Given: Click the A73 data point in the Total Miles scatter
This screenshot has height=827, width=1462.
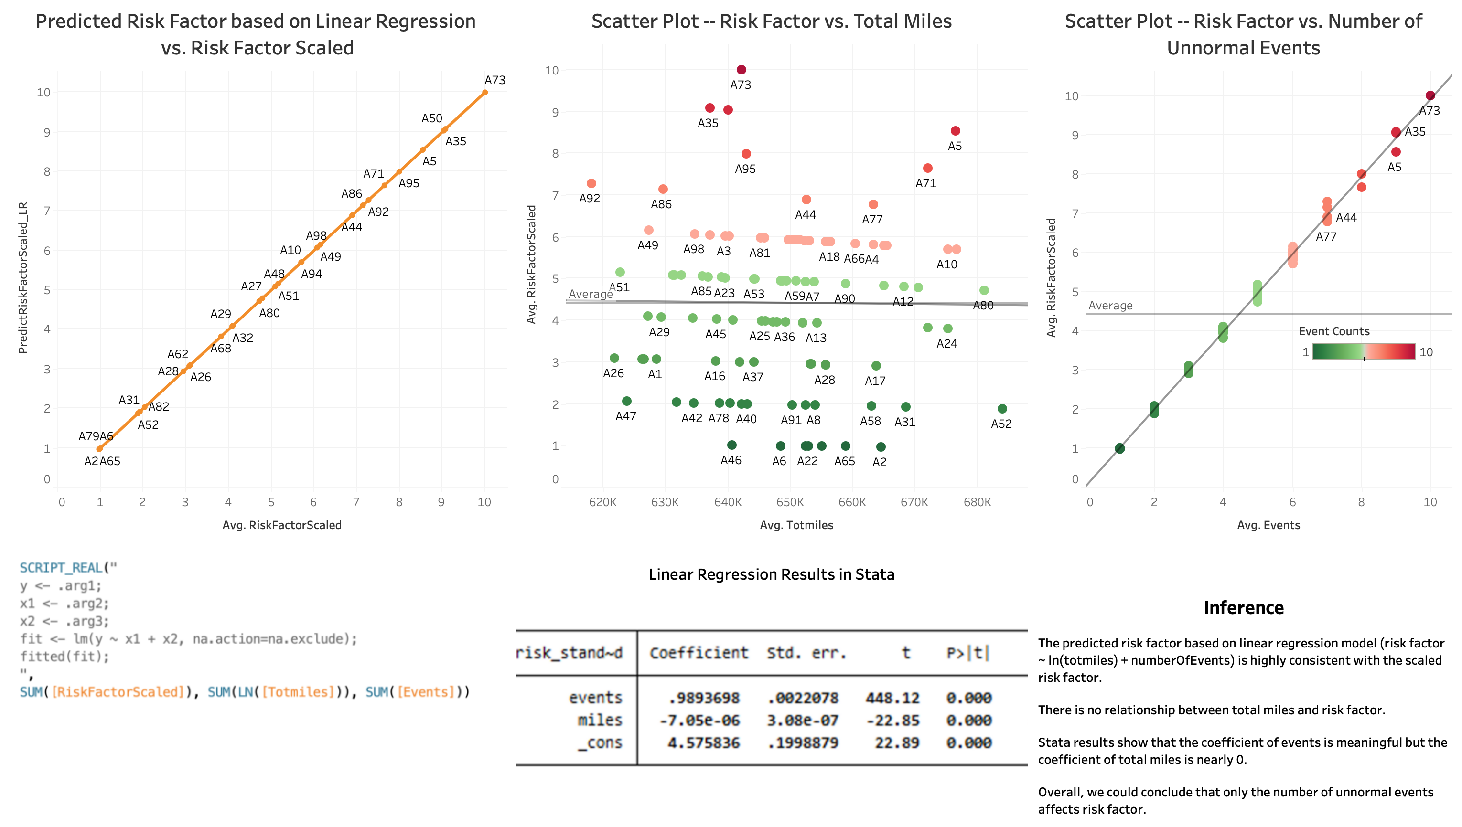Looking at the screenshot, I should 741,70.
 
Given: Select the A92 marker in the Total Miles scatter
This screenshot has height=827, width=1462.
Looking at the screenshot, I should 591,183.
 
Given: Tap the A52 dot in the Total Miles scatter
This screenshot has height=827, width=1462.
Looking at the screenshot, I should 1002,409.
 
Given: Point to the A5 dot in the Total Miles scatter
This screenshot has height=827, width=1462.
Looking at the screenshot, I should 955,131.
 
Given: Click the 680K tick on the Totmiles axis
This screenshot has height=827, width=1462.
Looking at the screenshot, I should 977,502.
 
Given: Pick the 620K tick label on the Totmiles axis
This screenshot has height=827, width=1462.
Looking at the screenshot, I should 602,502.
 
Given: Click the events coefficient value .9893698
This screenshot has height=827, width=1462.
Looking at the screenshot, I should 703,698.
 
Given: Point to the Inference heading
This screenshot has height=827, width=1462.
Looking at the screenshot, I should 1243,608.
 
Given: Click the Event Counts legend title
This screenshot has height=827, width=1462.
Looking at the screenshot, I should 1333,331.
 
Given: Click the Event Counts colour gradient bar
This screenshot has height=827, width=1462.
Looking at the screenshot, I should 1363,351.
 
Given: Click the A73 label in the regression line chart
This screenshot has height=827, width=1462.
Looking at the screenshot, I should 494,80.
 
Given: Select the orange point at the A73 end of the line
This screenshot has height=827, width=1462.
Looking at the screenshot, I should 484,93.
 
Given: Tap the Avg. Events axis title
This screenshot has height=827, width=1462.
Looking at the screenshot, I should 1268,525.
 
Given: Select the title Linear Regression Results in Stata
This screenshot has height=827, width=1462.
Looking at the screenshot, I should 771,574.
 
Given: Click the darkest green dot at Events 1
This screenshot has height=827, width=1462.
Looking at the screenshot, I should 1119,448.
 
